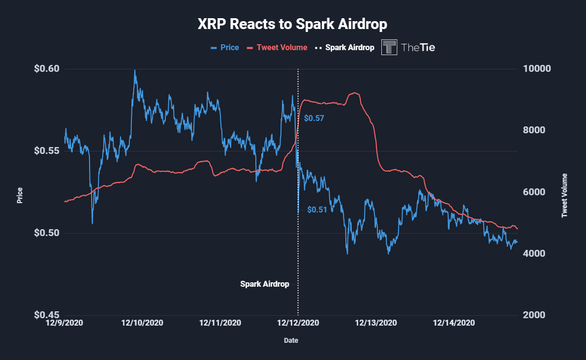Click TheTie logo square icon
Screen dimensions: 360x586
pyautogui.click(x=389, y=47)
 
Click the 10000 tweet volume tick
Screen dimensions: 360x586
pyautogui.click(x=535, y=69)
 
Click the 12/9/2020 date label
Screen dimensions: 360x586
pyautogui.click(x=64, y=323)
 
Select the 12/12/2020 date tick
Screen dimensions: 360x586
pyautogui.click(x=298, y=323)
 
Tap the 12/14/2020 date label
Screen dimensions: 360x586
pyautogui.click(x=453, y=323)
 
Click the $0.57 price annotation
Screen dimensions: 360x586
pyautogui.click(x=314, y=119)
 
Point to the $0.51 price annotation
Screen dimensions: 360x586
pyautogui.click(x=317, y=210)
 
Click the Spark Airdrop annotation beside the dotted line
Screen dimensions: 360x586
pyautogui.click(x=264, y=284)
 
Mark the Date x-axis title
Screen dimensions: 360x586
pyautogui.click(x=291, y=340)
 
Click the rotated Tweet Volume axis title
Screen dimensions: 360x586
pyautogui.click(x=564, y=195)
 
